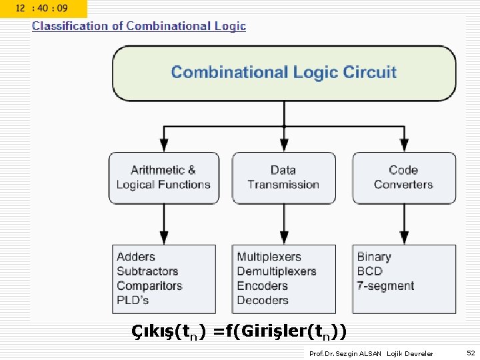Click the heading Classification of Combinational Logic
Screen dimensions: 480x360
pos(139,26)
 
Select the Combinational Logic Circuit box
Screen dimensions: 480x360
pos(284,73)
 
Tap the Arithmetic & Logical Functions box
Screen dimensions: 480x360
pos(163,177)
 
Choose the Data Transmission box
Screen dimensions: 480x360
pos(283,177)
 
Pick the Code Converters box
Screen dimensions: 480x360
pos(403,177)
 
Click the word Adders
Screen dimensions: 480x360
pos(136,257)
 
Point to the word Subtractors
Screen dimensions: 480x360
pos(147,271)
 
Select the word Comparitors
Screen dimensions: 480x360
pos(149,286)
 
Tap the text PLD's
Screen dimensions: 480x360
pos(133,300)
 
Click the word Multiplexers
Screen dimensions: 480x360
pos(269,257)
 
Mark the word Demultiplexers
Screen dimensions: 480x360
pos(277,271)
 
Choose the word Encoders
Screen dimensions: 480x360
pos(262,286)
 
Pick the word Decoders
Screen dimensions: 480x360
pos(263,300)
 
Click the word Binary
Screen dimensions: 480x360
pos(374,257)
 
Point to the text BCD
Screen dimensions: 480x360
pos(369,271)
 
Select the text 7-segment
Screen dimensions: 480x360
pos(385,286)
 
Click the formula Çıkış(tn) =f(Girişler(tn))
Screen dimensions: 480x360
pos(239,331)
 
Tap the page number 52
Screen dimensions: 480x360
pos(471,353)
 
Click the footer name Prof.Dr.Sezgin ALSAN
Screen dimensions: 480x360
pos(345,353)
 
